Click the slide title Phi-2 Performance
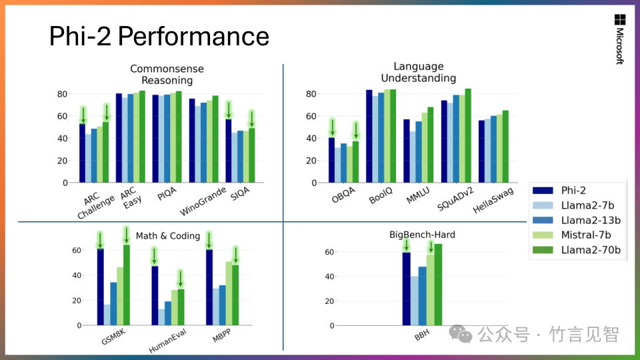click(159, 36)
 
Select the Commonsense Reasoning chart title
click(167, 75)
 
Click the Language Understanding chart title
click(418, 72)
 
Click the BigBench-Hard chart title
click(422, 235)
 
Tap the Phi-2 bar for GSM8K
click(100, 287)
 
